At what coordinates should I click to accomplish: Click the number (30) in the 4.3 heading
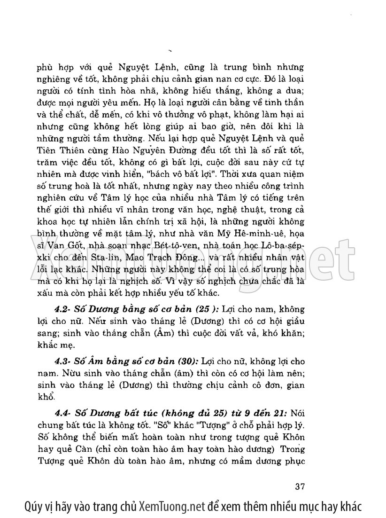[187, 362]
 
